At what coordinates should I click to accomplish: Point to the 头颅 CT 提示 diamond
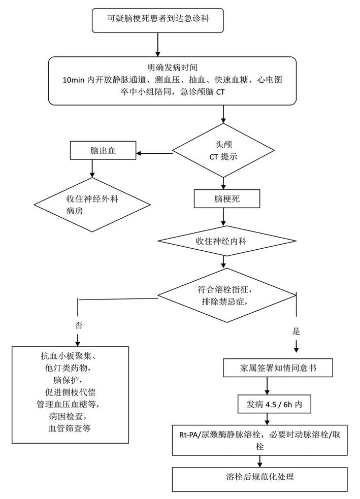click(x=223, y=151)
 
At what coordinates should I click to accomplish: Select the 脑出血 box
click(x=103, y=151)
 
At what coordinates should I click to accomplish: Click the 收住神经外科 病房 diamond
click(x=92, y=205)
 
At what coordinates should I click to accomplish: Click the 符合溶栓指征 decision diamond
click(x=226, y=295)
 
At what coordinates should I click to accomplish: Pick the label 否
click(x=78, y=324)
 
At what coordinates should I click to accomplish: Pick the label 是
click(x=297, y=331)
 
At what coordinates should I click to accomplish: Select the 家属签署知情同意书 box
click(x=278, y=368)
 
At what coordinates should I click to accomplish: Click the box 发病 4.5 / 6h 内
click(x=274, y=405)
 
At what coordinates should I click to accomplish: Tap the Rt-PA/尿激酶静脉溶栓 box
click(x=259, y=440)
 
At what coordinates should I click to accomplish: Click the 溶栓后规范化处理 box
click(x=259, y=477)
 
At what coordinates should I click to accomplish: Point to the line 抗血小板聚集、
click(x=71, y=355)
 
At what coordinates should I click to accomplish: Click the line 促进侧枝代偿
click(x=71, y=392)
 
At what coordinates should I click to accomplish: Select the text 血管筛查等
click(x=71, y=428)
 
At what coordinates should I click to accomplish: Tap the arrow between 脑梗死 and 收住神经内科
click(x=223, y=217)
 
